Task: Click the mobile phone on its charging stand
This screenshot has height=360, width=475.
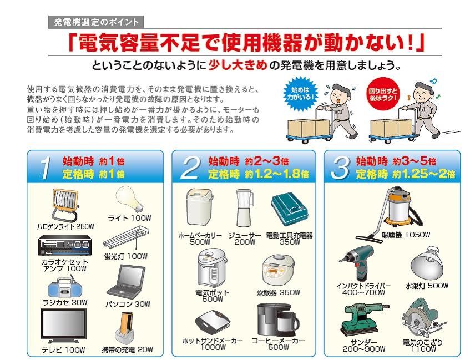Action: coord(127,329)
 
